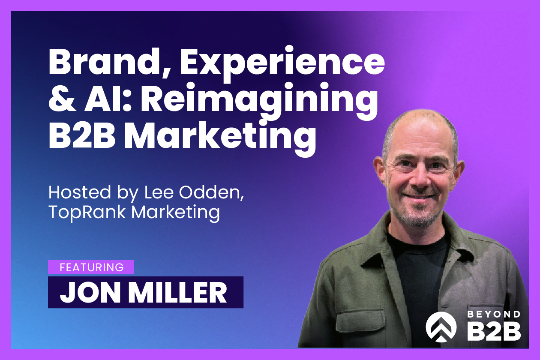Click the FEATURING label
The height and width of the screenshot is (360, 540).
coord(91,267)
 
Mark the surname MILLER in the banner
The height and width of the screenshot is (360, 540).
coord(180,292)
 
